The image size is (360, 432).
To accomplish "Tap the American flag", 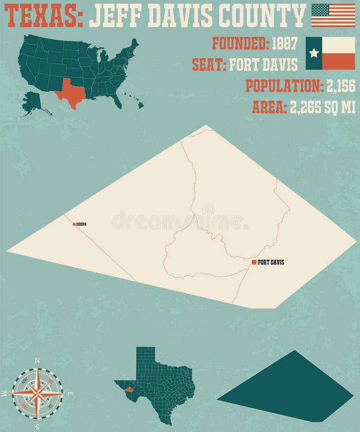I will click(333, 15).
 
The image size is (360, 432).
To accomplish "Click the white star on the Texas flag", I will click(314, 53).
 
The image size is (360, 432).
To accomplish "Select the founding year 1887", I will click(285, 43).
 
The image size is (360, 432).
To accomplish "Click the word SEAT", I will click(209, 64).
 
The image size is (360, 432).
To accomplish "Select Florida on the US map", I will click(116, 100).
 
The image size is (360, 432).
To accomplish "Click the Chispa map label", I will click(82, 224).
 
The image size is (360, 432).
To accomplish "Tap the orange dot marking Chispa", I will click(74, 224).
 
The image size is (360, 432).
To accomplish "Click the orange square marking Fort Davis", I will click(254, 262).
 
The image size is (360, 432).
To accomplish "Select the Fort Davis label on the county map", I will click(271, 262).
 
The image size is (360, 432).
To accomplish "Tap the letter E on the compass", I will click(71, 394).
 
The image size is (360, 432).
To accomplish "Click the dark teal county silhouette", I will click(288, 389).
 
